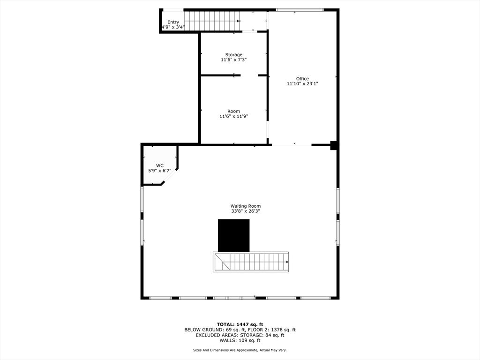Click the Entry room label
pyautogui.click(x=173, y=22)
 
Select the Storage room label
pyautogui.click(x=233, y=54)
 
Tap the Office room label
pyautogui.click(x=302, y=78)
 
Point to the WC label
pyautogui.click(x=159, y=165)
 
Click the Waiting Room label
pyautogui.click(x=245, y=206)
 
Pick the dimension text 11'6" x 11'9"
pyautogui.click(x=233, y=116)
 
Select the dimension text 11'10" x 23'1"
pyautogui.click(x=302, y=84)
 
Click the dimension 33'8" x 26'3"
pyautogui.click(x=245, y=211)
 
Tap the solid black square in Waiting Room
pyautogui.click(x=233, y=235)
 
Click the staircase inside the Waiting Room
pyautogui.click(x=251, y=262)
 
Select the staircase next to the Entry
pyautogui.click(x=210, y=21)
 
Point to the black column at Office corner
pyautogui.click(x=333, y=145)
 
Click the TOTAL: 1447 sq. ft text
pyautogui.click(x=240, y=324)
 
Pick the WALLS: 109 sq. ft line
pyautogui.click(x=240, y=340)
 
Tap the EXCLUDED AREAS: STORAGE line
pyautogui.click(x=240, y=335)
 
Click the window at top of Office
pyautogui.click(x=300, y=10)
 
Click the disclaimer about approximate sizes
pyautogui.click(x=240, y=350)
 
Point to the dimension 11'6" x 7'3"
pyautogui.click(x=233, y=60)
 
